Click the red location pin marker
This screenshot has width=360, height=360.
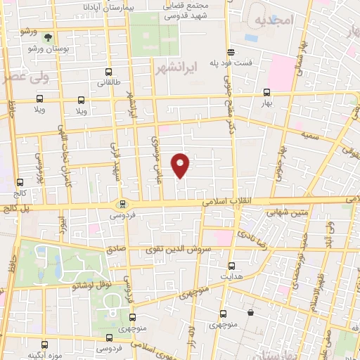click(181, 165)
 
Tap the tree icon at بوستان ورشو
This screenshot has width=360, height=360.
click(48, 37)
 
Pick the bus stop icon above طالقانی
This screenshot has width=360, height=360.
click(108, 72)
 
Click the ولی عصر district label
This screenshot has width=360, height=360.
click(25, 78)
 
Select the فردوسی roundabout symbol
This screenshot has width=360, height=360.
click(121, 204)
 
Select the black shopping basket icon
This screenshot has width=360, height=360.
click(250, 312)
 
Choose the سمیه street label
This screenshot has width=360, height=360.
click(310, 133)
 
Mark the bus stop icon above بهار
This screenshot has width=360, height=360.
click(266, 92)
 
